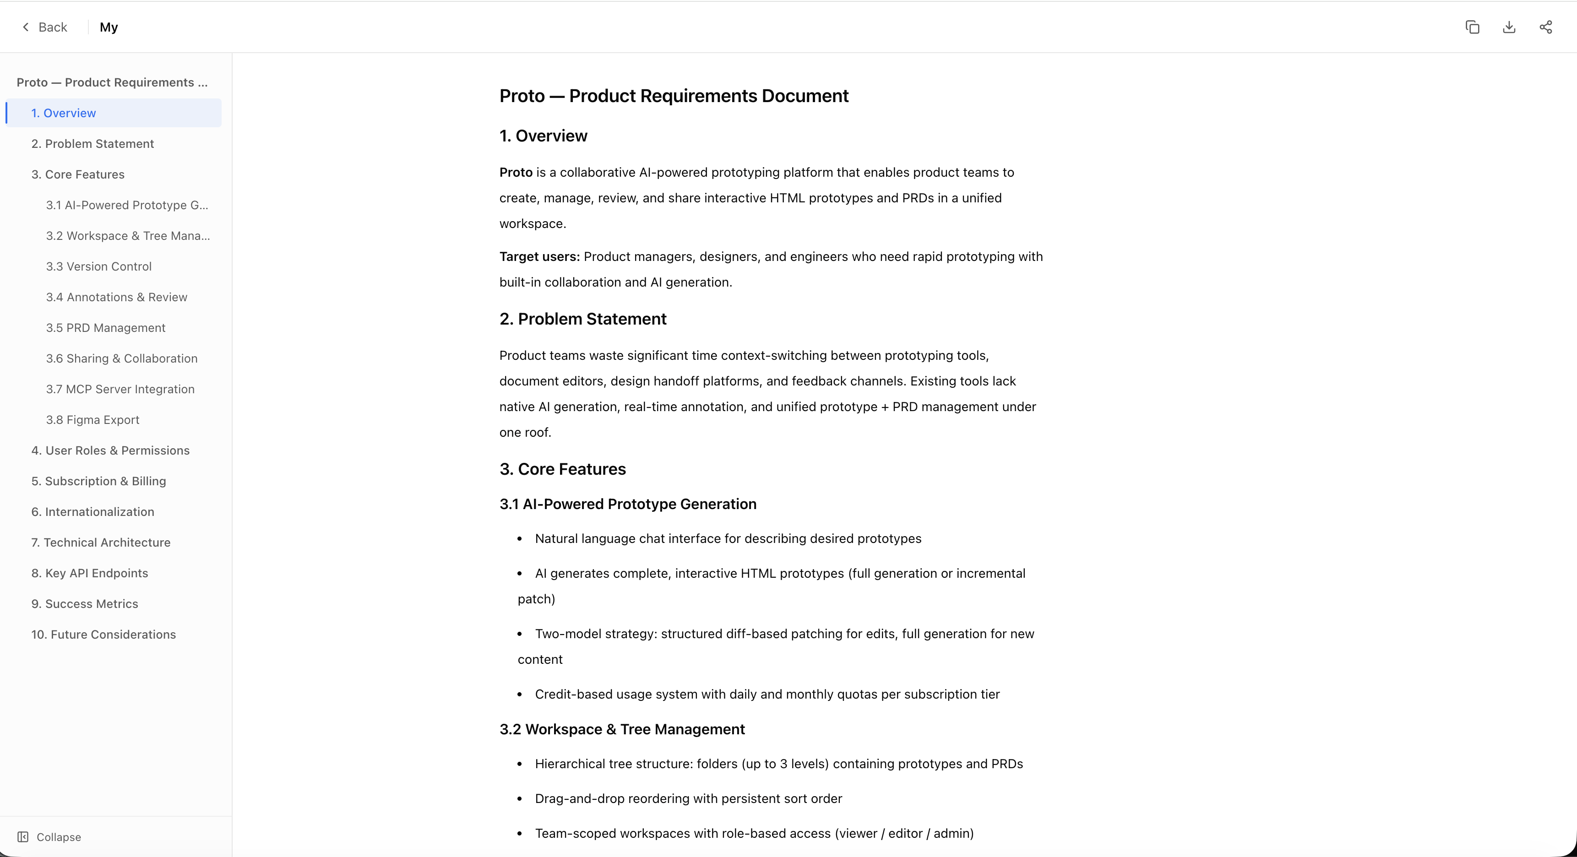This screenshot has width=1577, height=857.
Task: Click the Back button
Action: (x=45, y=27)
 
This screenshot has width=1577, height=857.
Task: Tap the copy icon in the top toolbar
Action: (x=1472, y=27)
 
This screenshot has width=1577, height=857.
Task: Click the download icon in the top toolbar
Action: (x=1509, y=27)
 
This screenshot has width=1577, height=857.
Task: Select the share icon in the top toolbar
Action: (x=1546, y=27)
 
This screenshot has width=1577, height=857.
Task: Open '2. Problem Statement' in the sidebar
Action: (x=92, y=144)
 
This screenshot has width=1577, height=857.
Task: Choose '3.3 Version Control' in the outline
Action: (x=98, y=266)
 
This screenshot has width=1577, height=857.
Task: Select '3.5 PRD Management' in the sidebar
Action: (x=105, y=327)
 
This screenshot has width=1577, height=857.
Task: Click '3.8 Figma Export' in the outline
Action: (x=92, y=420)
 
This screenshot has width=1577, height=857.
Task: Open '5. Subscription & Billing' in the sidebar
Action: (x=98, y=481)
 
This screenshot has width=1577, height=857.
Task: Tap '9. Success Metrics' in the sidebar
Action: (x=84, y=603)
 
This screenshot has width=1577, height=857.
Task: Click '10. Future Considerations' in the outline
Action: (x=103, y=634)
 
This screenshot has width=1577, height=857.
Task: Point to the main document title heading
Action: (x=674, y=96)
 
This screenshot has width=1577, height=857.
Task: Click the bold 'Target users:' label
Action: (x=539, y=256)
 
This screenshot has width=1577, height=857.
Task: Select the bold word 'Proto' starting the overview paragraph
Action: (x=516, y=173)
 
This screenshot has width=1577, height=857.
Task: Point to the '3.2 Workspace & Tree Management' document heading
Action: (x=622, y=729)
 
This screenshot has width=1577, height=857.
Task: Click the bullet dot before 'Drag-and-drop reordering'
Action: (x=520, y=799)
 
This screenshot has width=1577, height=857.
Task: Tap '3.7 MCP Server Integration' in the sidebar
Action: (x=120, y=389)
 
